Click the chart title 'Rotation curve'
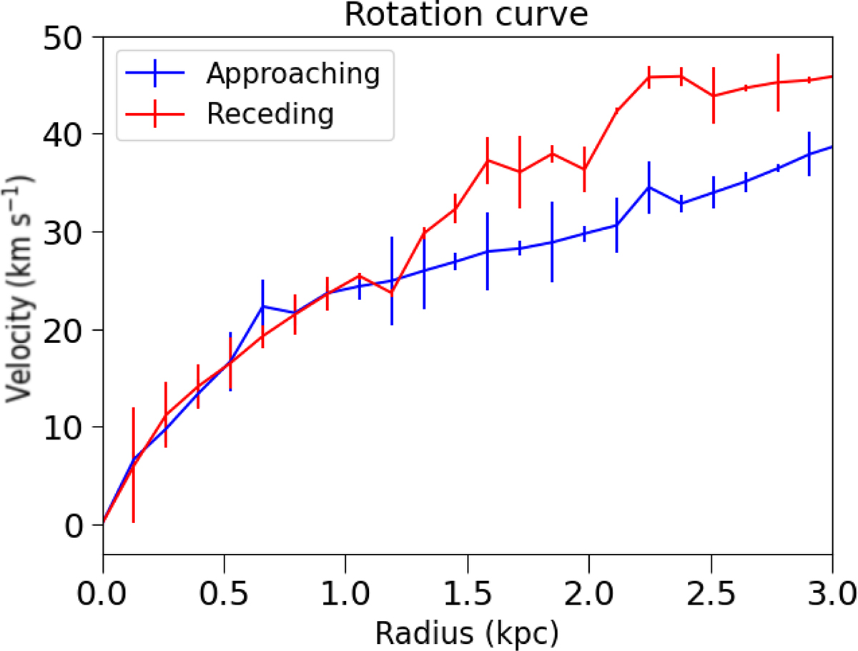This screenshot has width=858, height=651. click(x=466, y=14)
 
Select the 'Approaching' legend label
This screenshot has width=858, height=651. click(x=292, y=73)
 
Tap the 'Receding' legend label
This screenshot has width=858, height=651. click(x=270, y=113)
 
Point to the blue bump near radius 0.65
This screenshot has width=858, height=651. click(x=263, y=306)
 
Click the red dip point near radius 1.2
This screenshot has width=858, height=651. click(x=391, y=293)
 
